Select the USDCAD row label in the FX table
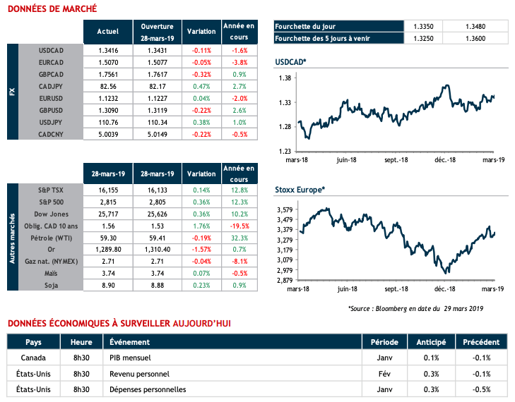click(53, 51)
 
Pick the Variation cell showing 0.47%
click(201, 85)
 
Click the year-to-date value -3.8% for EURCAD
click(239, 62)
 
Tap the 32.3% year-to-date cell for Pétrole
click(239, 237)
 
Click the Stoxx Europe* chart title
click(300, 190)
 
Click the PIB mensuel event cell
click(129, 358)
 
